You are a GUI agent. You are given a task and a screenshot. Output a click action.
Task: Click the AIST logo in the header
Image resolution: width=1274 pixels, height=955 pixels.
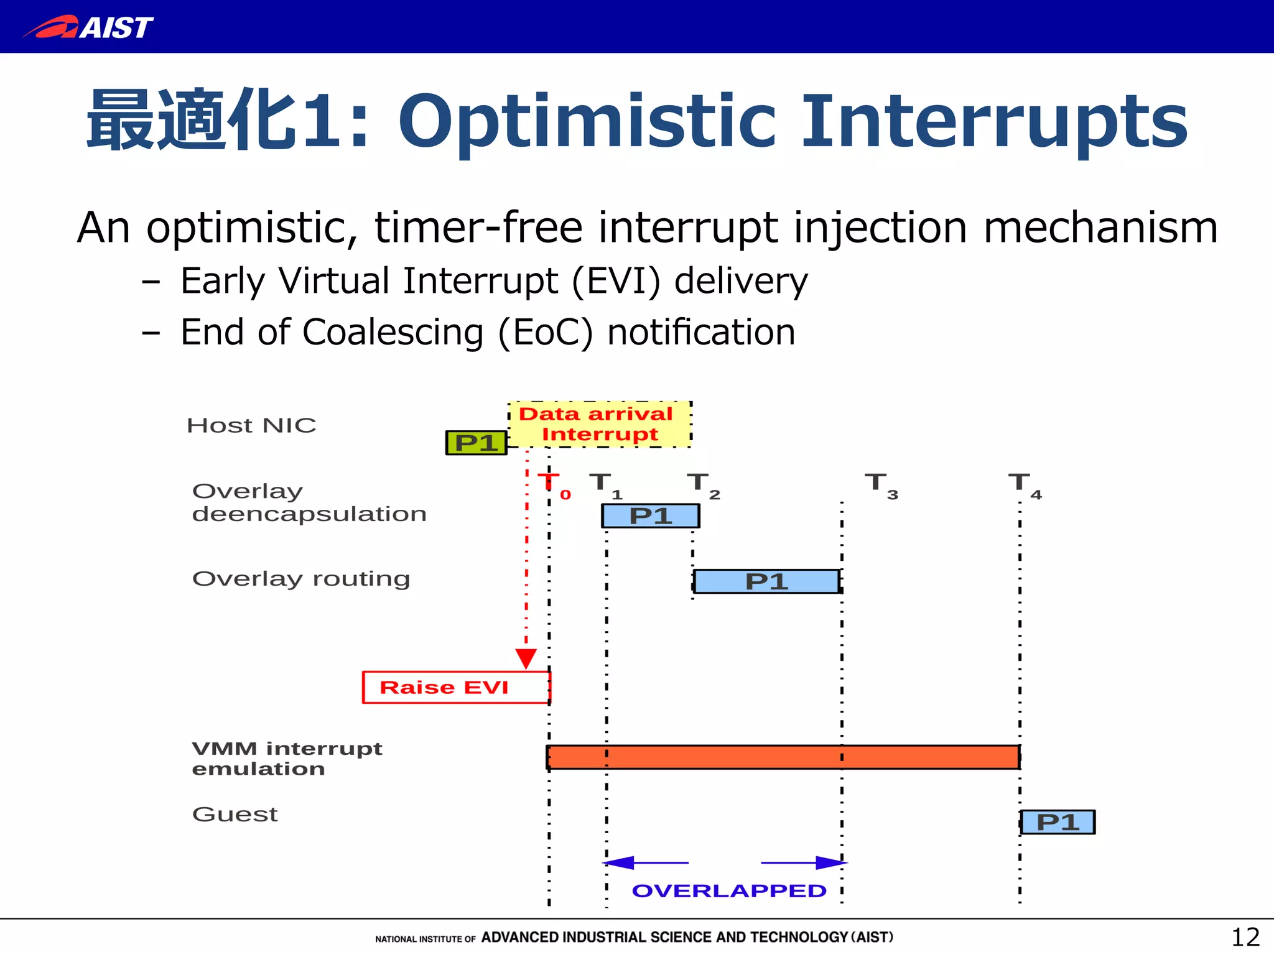pyautogui.click(x=88, y=27)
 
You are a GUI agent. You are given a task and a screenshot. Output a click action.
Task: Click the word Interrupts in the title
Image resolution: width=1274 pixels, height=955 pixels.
pyautogui.click(x=995, y=121)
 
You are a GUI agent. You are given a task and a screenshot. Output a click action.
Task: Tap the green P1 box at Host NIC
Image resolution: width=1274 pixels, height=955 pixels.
pyautogui.click(x=477, y=443)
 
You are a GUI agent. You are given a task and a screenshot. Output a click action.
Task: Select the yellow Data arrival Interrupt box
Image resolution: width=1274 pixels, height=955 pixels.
pyautogui.click(x=599, y=423)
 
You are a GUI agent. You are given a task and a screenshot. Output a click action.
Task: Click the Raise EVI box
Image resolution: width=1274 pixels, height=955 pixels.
pyautogui.click(x=455, y=687)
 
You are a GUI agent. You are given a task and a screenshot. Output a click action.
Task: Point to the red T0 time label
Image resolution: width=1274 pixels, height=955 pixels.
pyautogui.click(x=554, y=484)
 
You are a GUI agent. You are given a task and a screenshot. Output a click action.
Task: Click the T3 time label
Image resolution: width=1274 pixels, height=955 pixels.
pyautogui.click(x=881, y=484)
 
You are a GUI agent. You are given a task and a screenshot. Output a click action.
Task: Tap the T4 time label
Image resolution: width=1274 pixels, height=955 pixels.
pyautogui.click(x=1024, y=484)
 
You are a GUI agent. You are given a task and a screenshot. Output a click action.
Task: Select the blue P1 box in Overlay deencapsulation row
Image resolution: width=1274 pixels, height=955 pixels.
pyautogui.click(x=650, y=516)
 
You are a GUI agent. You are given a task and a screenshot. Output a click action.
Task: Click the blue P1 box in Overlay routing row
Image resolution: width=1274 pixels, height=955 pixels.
pyautogui.click(x=766, y=581)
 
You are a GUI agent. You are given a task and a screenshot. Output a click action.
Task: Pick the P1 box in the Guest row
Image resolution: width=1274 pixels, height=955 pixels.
pyautogui.click(x=1058, y=822)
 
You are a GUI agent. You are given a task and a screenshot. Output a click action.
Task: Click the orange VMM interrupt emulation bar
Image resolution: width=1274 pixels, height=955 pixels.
pyautogui.click(x=783, y=757)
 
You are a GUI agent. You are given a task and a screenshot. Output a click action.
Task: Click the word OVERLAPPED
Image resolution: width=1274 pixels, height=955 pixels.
pyautogui.click(x=729, y=891)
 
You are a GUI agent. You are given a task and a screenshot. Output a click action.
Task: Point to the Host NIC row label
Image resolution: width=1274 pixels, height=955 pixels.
pyautogui.click(x=251, y=425)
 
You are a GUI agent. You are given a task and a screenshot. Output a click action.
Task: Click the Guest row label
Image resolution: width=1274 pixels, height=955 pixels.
pyautogui.click(x=235, y=814)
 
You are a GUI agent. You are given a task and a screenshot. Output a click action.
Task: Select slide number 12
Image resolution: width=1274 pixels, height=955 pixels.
pyautogui.click(x=1245, y=937)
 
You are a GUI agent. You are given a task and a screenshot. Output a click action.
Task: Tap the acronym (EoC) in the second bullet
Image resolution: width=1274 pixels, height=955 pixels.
pyautogui.click(x=545, y=333)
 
